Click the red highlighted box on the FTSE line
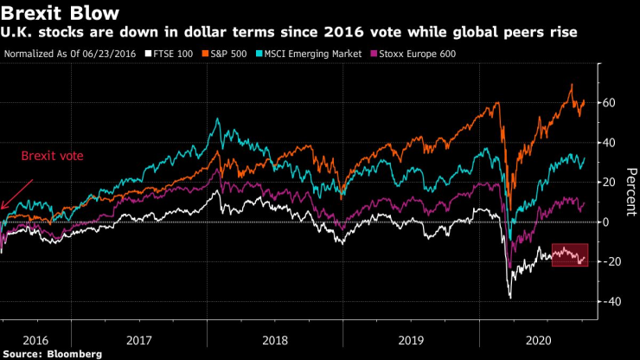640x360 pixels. [569, 255]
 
